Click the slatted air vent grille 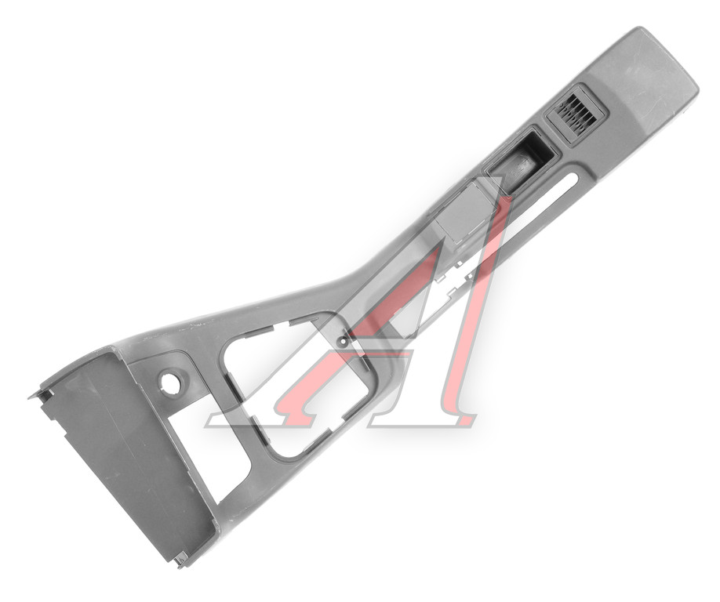pyautogui.click(x=576, y=114)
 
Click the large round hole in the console pyautogui.click(x=170, y=382)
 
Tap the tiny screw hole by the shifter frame pyautogui.click(x=343, y=341)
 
